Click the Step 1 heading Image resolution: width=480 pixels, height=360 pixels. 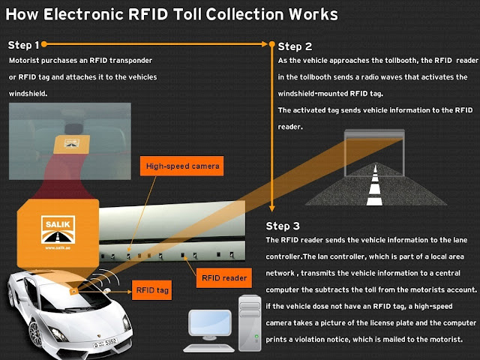coord(24,45)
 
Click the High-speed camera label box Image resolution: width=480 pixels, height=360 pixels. coord(183,166)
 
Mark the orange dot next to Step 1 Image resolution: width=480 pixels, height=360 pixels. coord(45,45)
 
